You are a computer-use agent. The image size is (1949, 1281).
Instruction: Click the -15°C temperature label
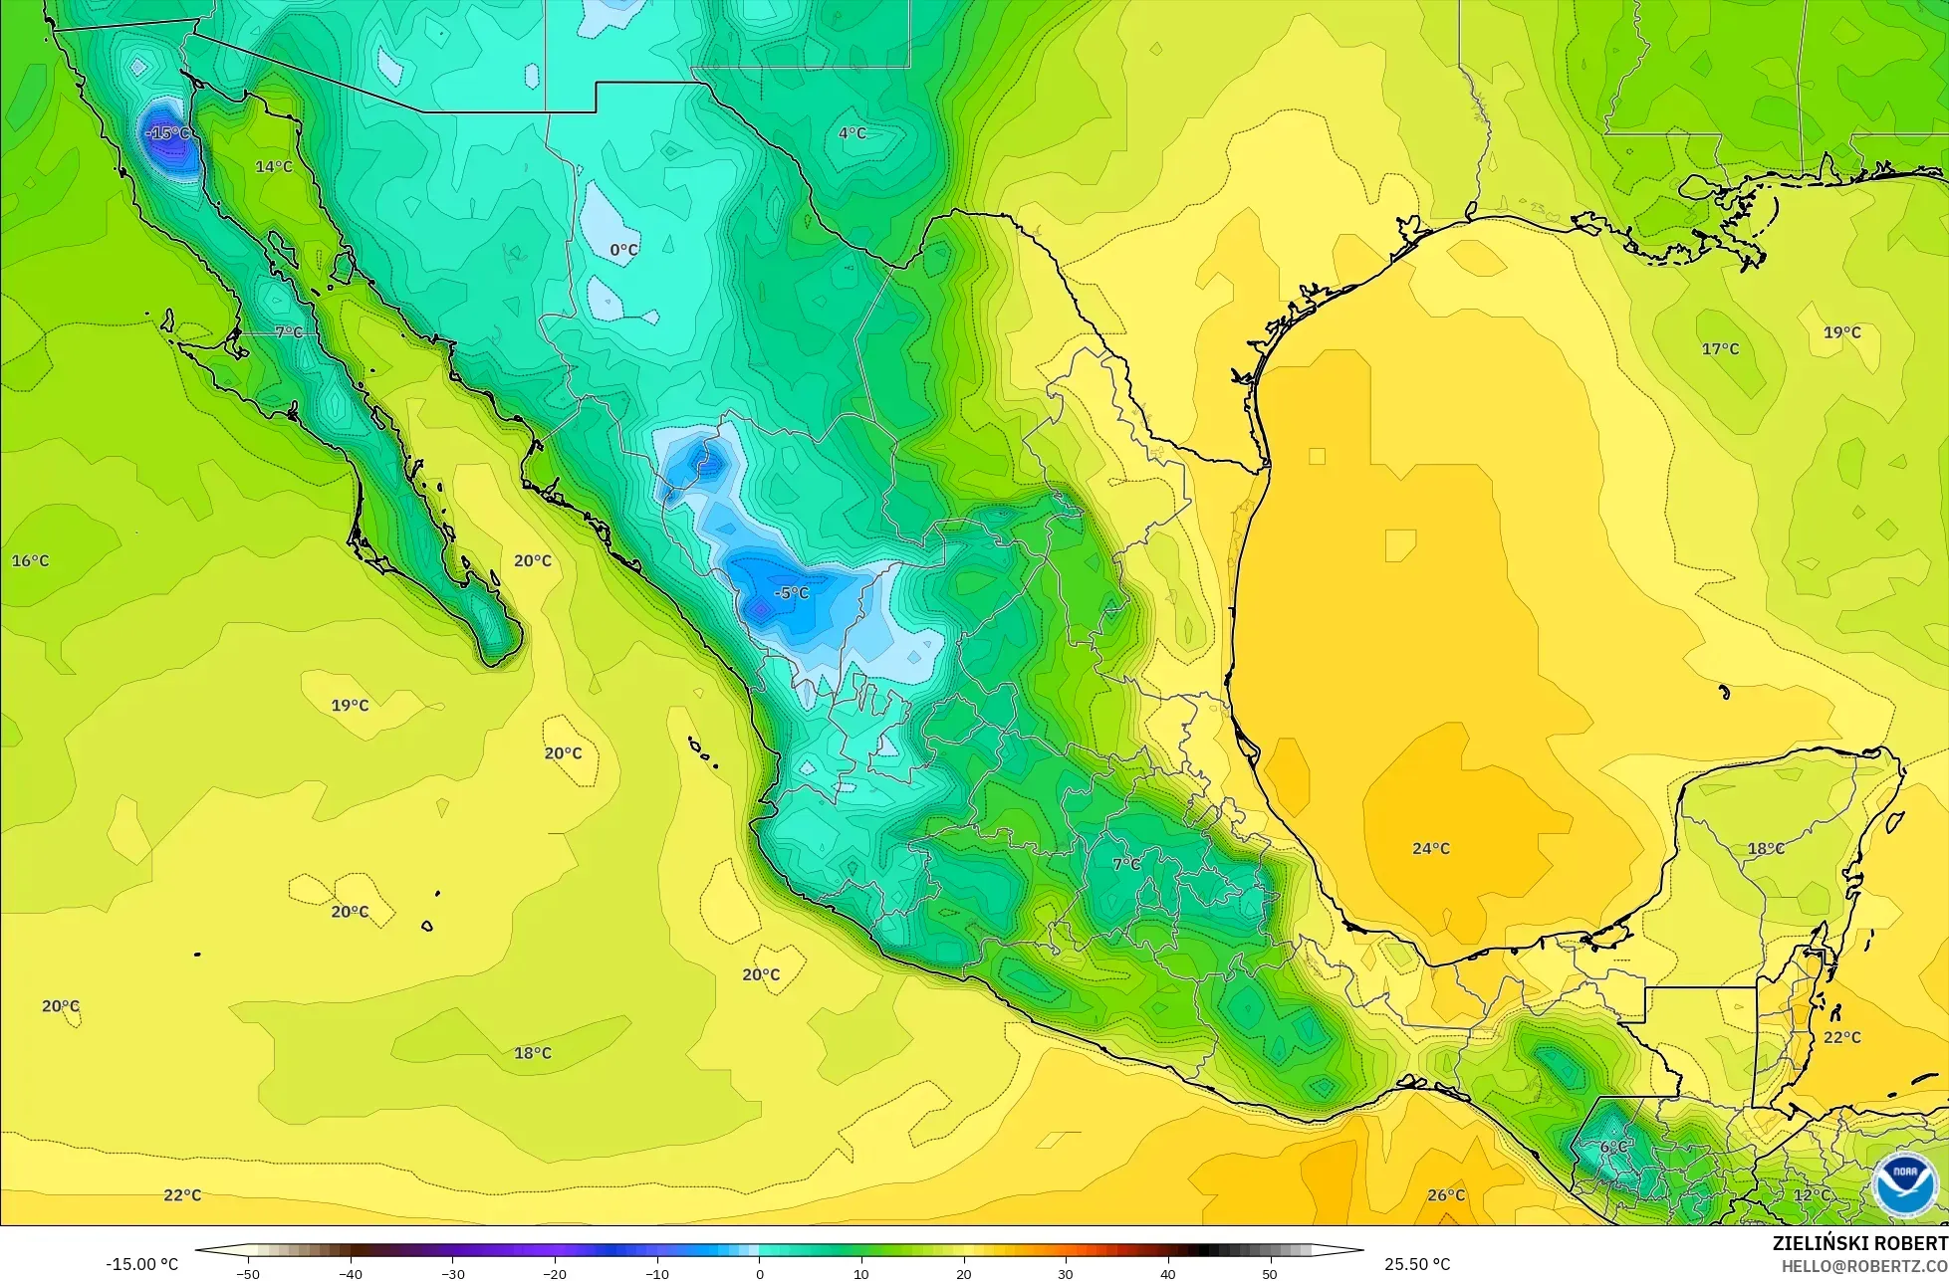point(167,133)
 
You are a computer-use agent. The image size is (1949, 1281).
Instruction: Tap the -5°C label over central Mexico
point(792,593)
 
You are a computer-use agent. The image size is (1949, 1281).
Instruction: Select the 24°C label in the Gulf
point(1431,849)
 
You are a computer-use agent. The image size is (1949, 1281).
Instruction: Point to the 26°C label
point(1446,1195)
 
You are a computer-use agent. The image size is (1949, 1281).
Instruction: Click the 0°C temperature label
point(623,250)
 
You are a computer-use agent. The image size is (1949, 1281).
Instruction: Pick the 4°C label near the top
point(852,133)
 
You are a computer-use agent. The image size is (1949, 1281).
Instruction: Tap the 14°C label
point(274,167)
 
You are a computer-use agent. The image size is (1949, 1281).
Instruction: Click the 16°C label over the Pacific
point(30,561)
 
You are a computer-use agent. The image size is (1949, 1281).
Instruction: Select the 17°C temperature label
point(1720,349)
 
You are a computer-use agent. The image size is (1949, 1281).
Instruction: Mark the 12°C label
point(1812,1195)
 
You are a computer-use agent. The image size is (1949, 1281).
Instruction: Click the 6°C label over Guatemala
point(1613,1148)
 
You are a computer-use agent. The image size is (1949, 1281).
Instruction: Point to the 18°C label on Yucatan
point(1766,849)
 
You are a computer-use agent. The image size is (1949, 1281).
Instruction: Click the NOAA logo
point(1903,1184)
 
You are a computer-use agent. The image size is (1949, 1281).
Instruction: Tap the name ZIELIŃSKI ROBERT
point(1859,1244)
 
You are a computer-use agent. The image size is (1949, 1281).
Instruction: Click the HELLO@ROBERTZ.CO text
point(1864,1266)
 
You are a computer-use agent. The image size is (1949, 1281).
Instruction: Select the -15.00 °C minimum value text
point(141,1264)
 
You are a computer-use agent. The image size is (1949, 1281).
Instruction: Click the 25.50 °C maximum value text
point(1417,1264)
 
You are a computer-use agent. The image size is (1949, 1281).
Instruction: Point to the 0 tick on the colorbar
point(759,1274)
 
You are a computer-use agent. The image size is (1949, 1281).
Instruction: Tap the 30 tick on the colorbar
point(1066,1274)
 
